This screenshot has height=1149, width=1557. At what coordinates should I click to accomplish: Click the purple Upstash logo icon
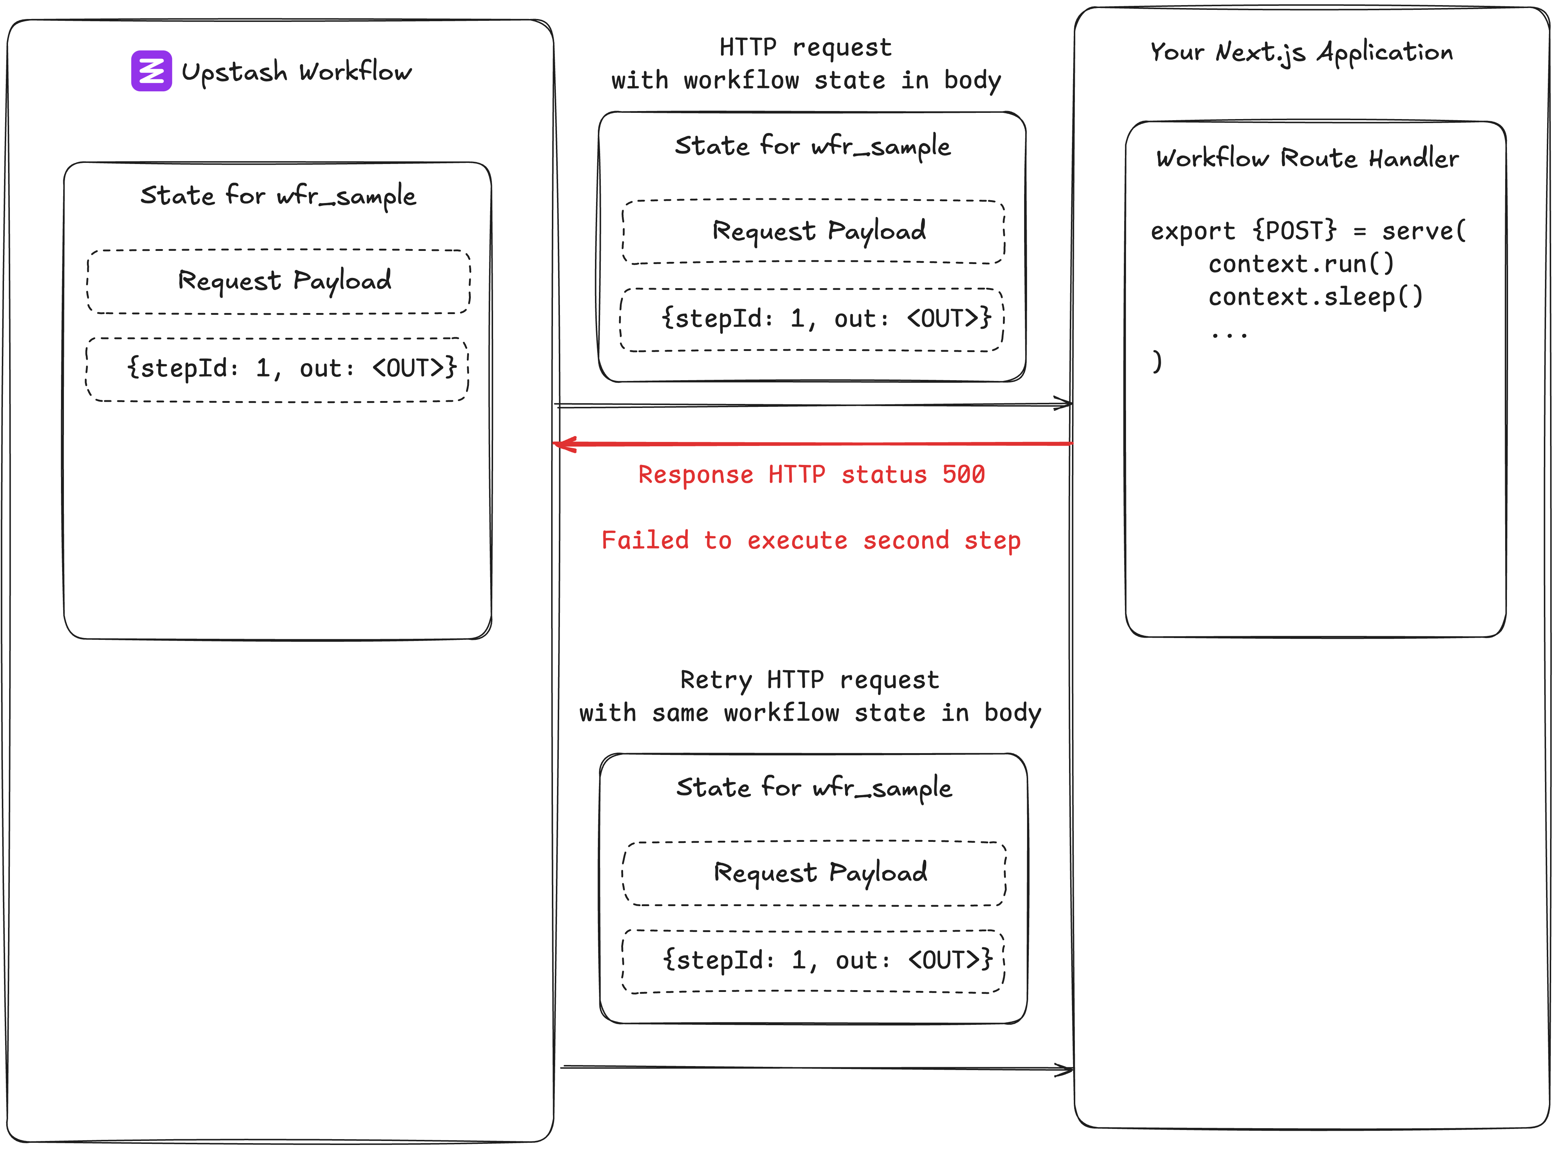click(151, 71)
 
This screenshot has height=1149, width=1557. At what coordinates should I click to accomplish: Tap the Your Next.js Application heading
click(1301, 52)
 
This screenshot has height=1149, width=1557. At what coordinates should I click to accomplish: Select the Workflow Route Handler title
click(1307, 159)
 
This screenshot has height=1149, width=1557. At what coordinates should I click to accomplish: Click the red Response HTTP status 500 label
click(811, 474)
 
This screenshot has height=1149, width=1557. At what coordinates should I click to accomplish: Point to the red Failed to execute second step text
click(811, 541)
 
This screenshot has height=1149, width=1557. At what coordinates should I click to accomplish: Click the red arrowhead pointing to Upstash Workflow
click(565, 444)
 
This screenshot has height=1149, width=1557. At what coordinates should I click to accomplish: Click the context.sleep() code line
click(1315, 297)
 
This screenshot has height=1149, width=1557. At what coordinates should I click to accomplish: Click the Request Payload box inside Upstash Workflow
click(279, 281)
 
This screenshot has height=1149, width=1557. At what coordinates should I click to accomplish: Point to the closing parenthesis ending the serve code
click(1156, 362)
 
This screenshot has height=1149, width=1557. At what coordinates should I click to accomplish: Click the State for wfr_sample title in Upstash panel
click(278, 196)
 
